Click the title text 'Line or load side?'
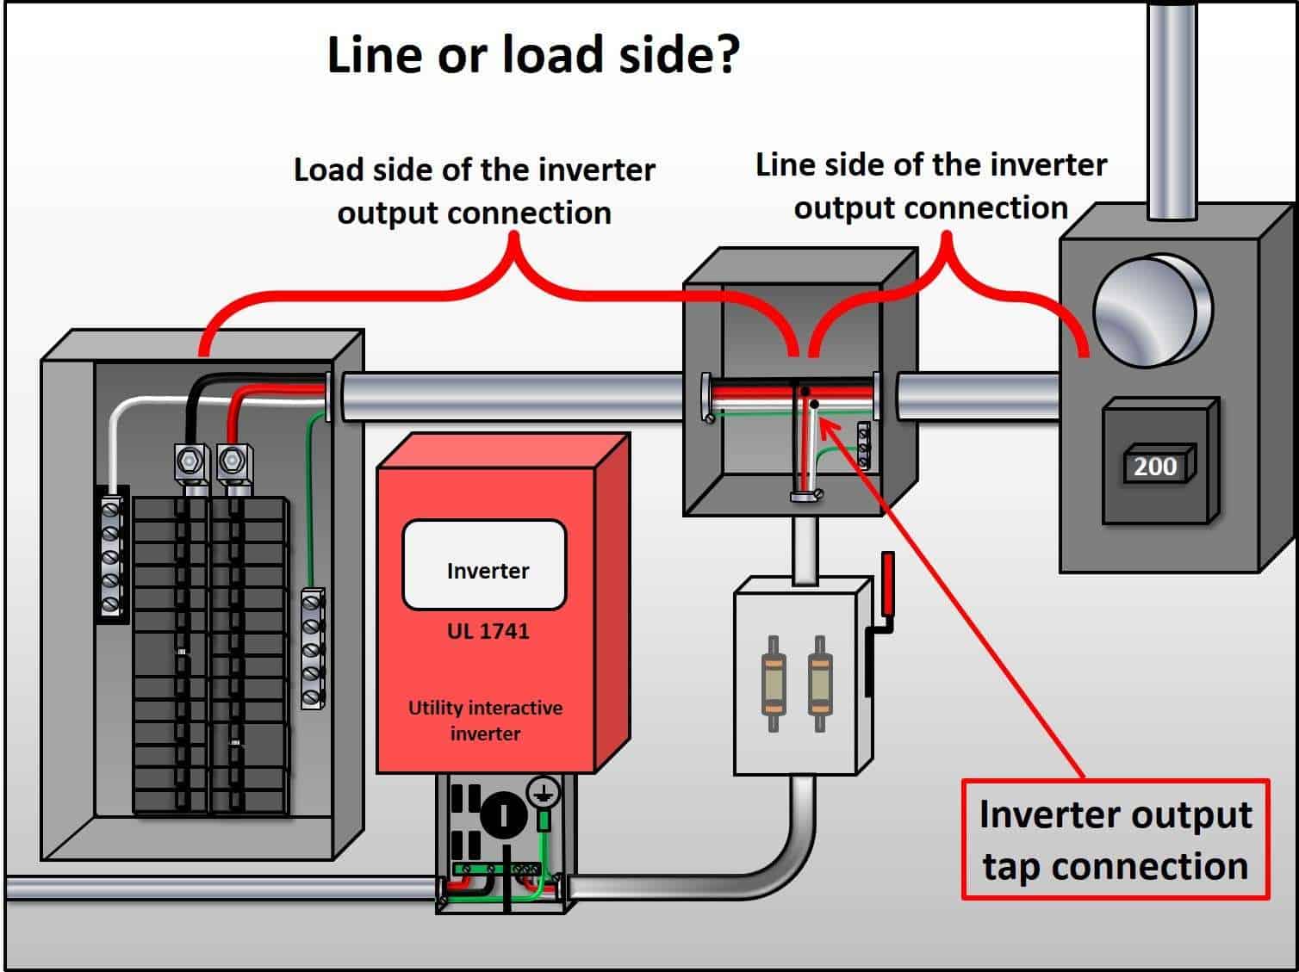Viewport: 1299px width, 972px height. [x=533, y=55]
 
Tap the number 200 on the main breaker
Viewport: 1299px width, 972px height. [x=1154, y=467]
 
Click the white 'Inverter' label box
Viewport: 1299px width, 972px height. [x=485, y=565]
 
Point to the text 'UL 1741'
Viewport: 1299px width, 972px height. [x=488, y=631]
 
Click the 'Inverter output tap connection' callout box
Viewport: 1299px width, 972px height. [x=1115, y=839]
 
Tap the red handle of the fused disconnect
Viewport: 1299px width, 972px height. [x=886, y=583]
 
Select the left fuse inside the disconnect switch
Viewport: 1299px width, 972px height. [x=774, y=684]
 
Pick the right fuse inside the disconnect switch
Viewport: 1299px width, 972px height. [x=819, y=684]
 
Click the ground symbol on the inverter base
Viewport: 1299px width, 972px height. [x=543, y=793]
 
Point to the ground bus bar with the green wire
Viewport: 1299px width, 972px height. [x=312, y=648]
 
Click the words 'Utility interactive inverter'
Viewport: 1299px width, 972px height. [x=485, y=721]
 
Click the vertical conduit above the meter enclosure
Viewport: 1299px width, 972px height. [x=1172, y=108]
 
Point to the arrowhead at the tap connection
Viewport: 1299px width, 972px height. [x=824, y=423]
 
